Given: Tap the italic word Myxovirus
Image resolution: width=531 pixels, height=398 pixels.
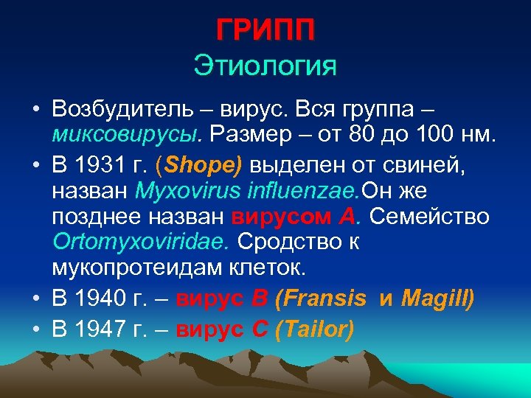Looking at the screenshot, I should (182, 192).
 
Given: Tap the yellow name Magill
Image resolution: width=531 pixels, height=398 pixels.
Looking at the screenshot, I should (437, 298).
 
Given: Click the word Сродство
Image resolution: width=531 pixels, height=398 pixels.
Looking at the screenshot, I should (298, 242).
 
